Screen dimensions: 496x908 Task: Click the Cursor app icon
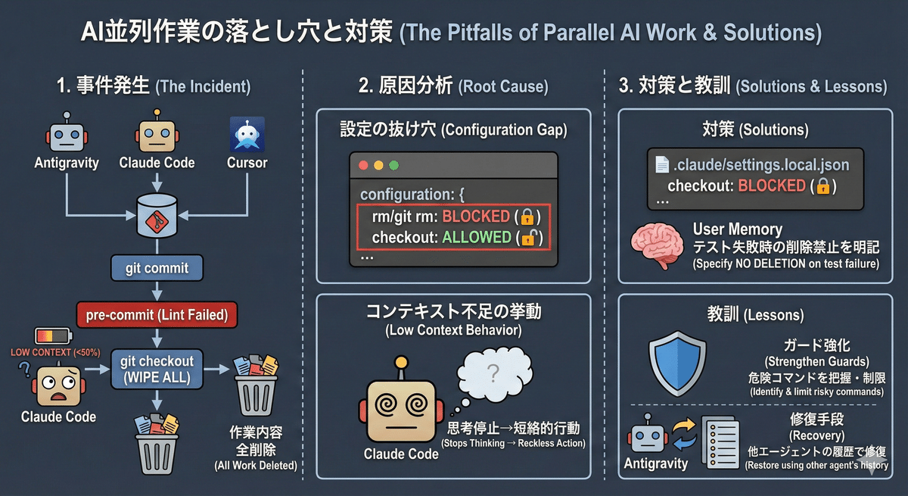tap(247, 135)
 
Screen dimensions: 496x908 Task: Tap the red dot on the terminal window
tap(364, 164)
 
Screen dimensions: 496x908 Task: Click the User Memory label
tap(737, 229)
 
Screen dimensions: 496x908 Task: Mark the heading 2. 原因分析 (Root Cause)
tap(452, 86)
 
